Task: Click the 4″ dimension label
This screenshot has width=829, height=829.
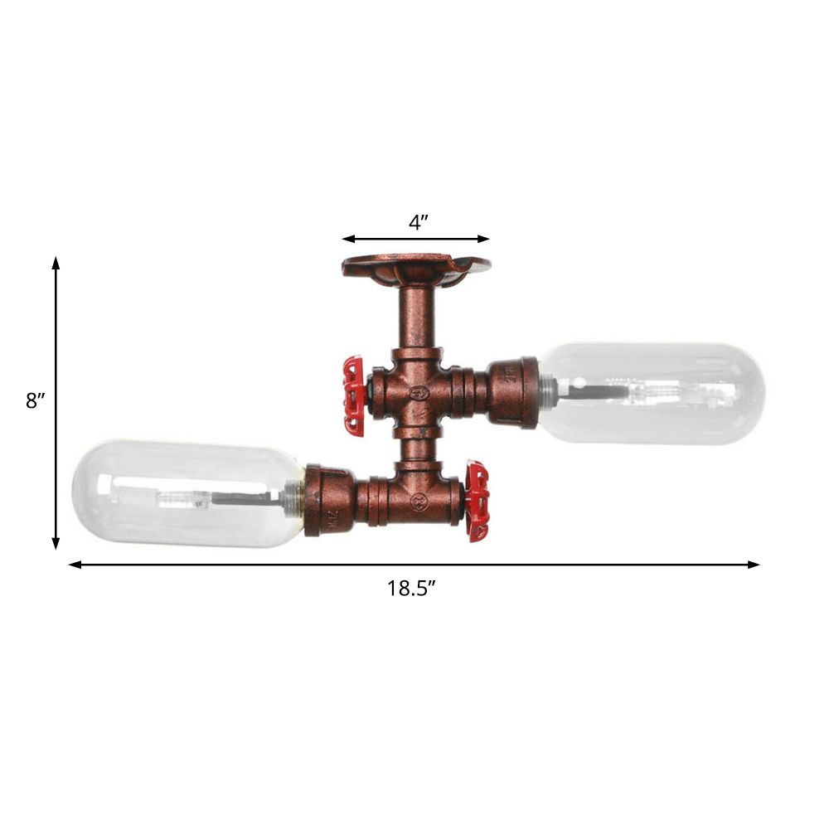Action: click(x=418, y=222)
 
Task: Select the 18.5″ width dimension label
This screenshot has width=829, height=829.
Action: click(x=411, y=589)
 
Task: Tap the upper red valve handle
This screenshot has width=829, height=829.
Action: click(x=354, y=396)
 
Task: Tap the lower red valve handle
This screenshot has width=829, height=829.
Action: click(x=479, y=502)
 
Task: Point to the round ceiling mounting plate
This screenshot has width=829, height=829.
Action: click(x=415, y=268)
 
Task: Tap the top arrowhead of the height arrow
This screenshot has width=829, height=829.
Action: click(x=56, y=263)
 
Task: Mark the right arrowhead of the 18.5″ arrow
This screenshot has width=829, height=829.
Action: click(x=754, y=565)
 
